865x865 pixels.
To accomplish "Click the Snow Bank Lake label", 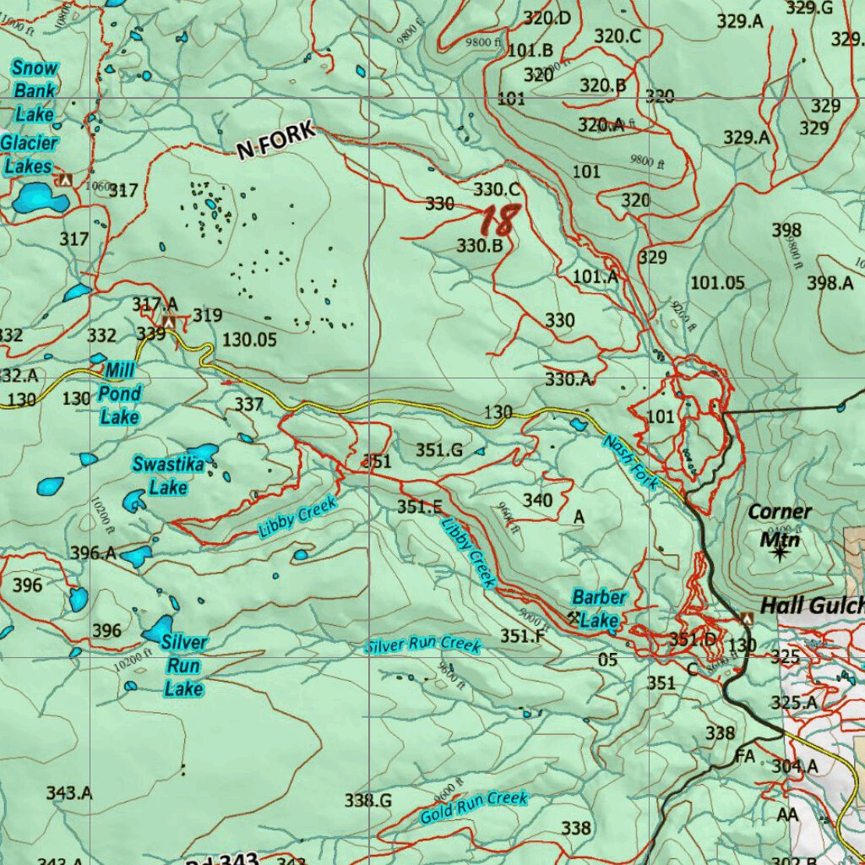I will tap(35, 90).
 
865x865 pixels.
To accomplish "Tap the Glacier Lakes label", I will tap(29, 155).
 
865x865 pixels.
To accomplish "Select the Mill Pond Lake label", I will tap(119, 393).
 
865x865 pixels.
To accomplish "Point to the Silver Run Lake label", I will tap(183, 666).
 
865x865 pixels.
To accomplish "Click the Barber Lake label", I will tap(599, 609).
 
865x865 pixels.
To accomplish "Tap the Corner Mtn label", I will tap(779, 525).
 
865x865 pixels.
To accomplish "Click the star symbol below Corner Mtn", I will tap(779, 554).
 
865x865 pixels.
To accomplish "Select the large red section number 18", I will tap(498, 220).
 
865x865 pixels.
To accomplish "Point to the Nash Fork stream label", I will tap(629, 462).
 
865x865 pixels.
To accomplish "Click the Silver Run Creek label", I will tap(423, 645).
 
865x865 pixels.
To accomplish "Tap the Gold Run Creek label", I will tap(474, 808).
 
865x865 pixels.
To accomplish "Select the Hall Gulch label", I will tap(812, 606).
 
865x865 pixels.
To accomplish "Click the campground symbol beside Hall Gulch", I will tap(747, 619).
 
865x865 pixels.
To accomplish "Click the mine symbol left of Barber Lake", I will tap(575, 617).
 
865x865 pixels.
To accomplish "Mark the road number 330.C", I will tap(497, 189).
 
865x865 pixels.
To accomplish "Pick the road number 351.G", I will tap(438, 450).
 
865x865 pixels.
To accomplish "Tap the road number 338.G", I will tap(368, 799).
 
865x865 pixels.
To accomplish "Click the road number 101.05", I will tap(717, 282).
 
